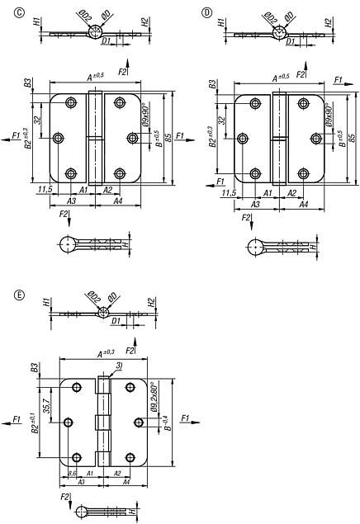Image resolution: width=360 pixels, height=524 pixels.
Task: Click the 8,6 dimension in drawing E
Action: point(73,473)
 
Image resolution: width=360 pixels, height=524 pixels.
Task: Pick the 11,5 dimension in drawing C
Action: point(47,191)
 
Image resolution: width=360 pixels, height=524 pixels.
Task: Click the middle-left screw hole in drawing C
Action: point(58,138)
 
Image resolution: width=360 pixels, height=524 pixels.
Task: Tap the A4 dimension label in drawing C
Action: point(117,201)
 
